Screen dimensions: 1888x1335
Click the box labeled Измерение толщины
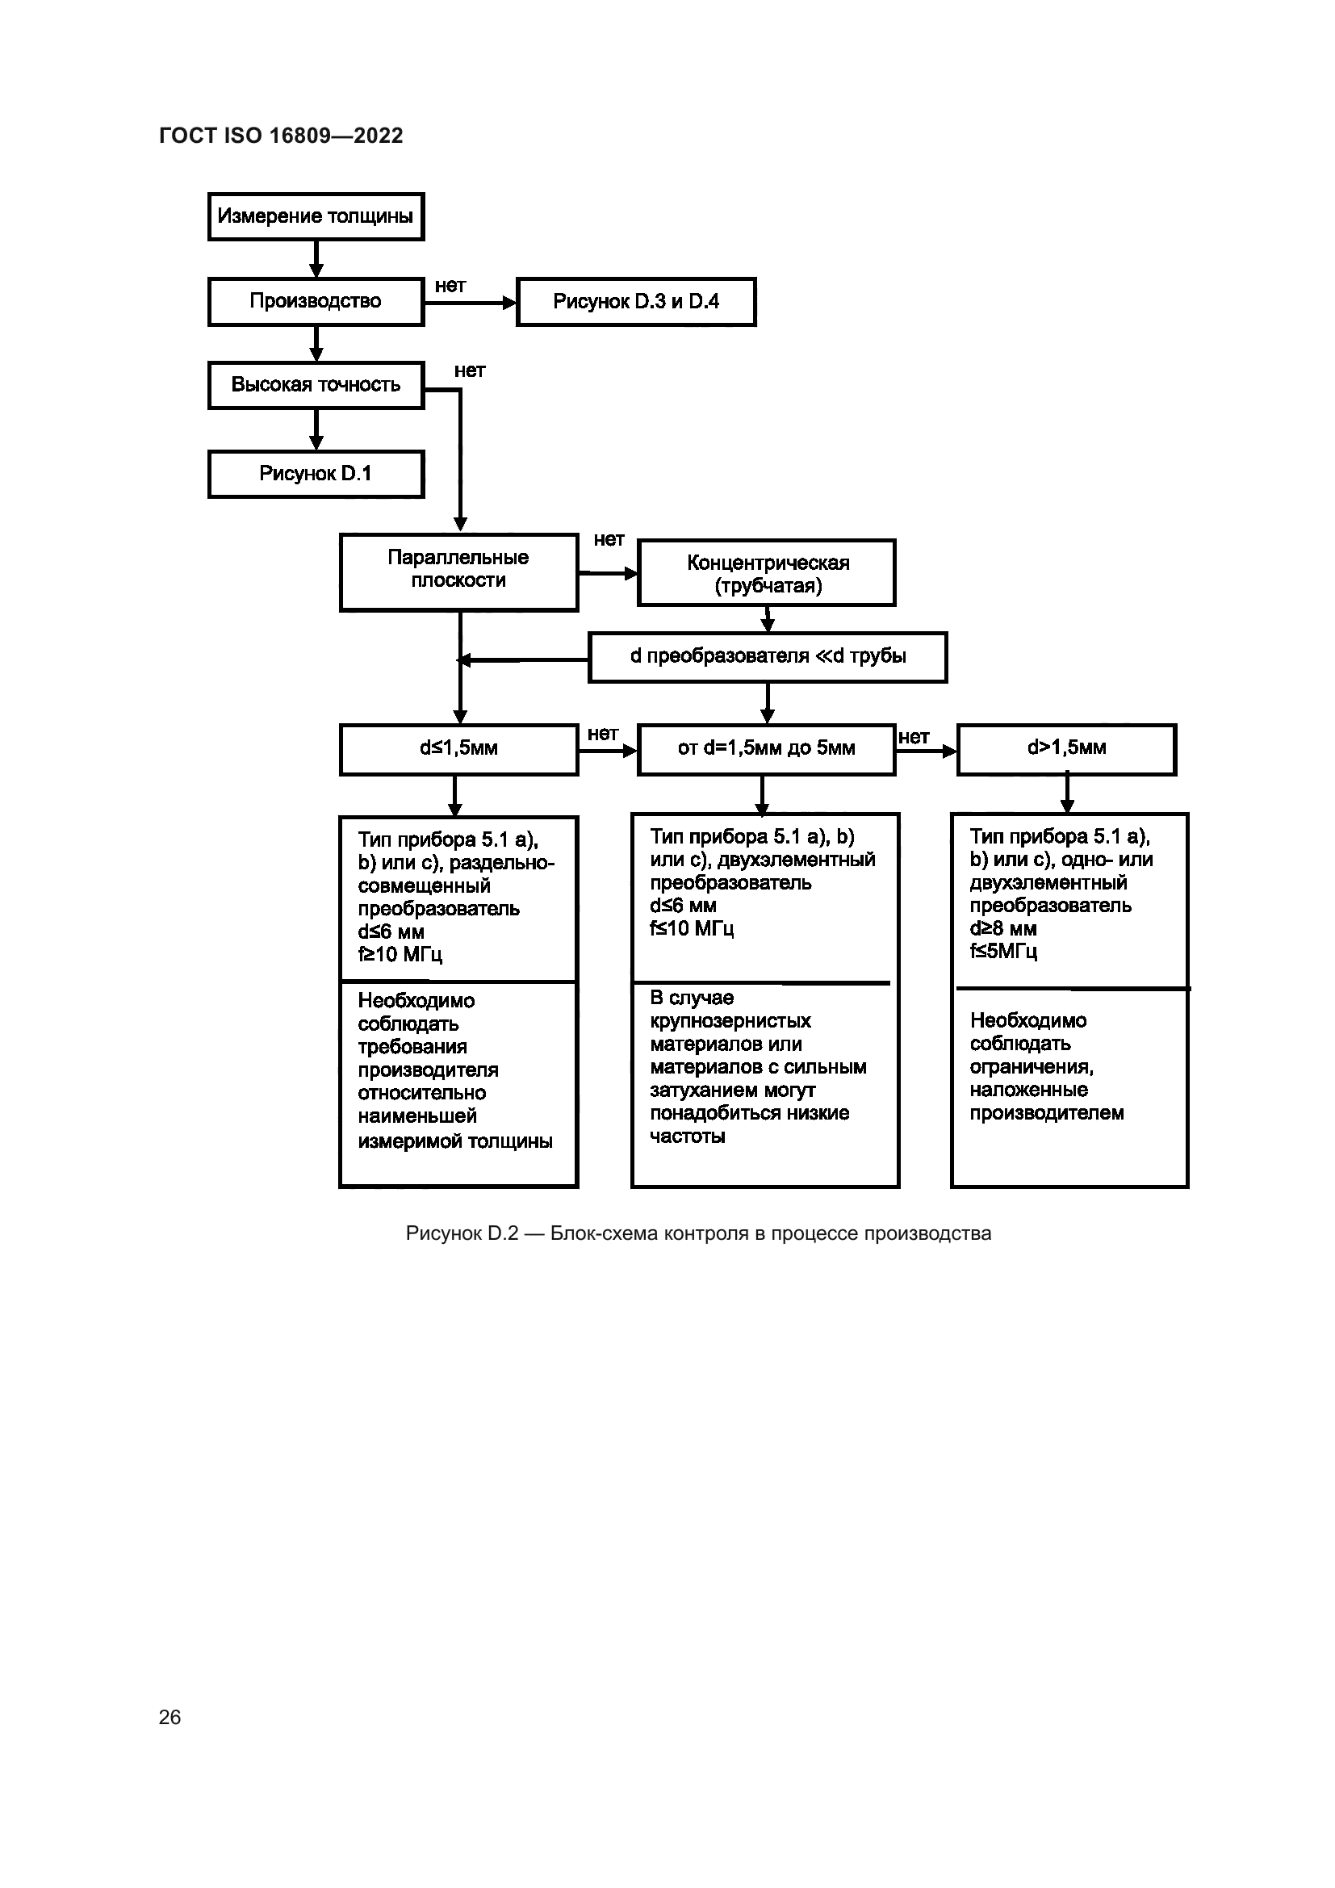316,216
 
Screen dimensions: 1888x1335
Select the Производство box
316,302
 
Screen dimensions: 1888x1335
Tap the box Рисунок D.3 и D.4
635,302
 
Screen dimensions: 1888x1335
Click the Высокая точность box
316,385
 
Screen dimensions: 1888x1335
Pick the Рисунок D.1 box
316,474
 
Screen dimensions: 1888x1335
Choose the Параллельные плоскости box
458,570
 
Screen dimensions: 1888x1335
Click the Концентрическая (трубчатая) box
767,574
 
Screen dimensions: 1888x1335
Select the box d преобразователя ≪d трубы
768,656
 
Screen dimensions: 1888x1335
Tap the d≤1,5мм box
458,748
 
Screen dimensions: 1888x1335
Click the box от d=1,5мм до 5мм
766,748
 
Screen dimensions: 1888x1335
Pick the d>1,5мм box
1066,748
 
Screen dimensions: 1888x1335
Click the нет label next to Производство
450,287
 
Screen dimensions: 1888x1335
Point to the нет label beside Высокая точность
470,370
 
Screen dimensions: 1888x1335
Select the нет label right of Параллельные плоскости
609,539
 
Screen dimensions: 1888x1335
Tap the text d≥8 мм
1003,929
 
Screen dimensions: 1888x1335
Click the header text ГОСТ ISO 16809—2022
281,136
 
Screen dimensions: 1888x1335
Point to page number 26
169,1717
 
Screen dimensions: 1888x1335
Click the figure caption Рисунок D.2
698,1233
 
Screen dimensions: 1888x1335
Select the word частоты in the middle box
687,1137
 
